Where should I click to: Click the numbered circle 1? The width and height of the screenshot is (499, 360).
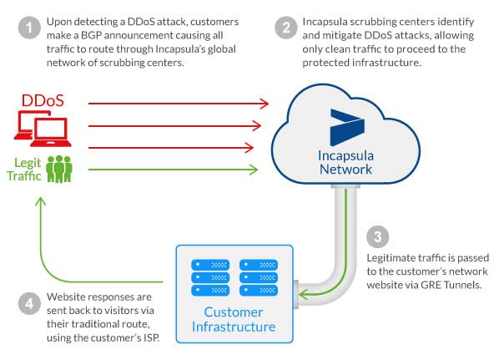[31, 29]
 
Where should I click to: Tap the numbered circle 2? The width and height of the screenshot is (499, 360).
[286, 29]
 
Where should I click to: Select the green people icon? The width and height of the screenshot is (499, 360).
[58, 169]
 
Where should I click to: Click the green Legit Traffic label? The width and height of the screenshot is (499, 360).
[28, 169]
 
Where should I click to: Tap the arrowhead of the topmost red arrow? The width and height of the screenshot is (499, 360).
[265, 104]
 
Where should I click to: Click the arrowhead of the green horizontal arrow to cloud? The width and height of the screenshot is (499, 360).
[255, 170]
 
